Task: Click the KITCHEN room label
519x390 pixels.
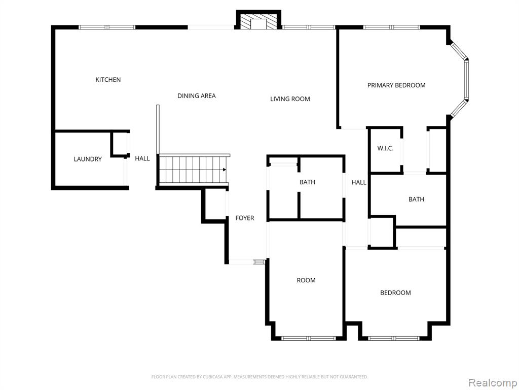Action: pos(108,80)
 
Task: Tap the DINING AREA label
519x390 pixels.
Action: pos(197,96)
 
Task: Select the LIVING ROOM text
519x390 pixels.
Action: pos(290,99)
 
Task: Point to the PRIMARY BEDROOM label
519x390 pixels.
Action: pos(396,85)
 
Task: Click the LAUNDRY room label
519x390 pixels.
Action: pos(88,159)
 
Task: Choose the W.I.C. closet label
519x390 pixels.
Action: pos(385,148)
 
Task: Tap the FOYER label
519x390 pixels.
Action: pos(245,218)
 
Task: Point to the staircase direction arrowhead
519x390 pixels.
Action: pos(225,170)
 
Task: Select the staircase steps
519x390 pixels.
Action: pos(193,170)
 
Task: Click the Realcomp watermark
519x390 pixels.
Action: pos(493,382)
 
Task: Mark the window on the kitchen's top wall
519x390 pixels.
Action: pos(107,27)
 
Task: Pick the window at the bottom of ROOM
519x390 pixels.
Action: pos(308,338)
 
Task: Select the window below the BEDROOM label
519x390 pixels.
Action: pos(393,338)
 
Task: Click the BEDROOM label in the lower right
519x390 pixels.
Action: pos(395,293)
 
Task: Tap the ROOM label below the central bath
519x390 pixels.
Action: pos(306,280)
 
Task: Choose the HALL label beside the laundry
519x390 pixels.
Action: pos(142,158)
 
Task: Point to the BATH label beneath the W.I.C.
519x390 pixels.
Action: pos(416,199)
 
